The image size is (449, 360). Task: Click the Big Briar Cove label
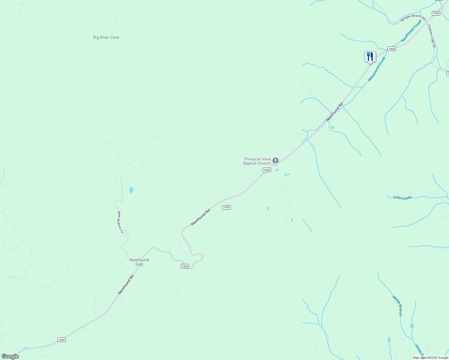(x=106, y=37)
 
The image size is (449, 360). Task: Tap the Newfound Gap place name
(x=139, y=262)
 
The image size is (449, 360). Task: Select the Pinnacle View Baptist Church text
(x=257, y=161)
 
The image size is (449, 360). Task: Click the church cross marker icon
(x=276, y=161)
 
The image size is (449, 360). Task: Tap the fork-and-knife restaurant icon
(x=370, y=57)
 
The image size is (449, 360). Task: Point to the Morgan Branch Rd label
(x=413, y=18)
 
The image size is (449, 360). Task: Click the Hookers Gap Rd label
(x=432, y=36)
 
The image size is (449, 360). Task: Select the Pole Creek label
(x=402, y=198)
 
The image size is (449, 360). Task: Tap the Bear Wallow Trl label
(x=120, y=222)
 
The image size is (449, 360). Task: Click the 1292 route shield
(x=227, y=207)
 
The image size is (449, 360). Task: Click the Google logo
(x=10, y=356)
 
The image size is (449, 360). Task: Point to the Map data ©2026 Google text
(x=430, y=358)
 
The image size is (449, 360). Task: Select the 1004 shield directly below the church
(x=267, y=170)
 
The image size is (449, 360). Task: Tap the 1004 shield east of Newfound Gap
(x=185, y=266)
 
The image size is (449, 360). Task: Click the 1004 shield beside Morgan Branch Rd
(x=436, y=13)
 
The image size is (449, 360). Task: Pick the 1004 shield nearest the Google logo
(x=62, y=340)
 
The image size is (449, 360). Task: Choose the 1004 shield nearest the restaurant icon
(x=391, y=49)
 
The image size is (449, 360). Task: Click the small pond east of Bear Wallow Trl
(x=131, y=190)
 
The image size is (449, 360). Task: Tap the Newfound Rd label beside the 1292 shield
(x=200, y=217)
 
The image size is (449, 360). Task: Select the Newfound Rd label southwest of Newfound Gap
(x=126, y=284)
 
